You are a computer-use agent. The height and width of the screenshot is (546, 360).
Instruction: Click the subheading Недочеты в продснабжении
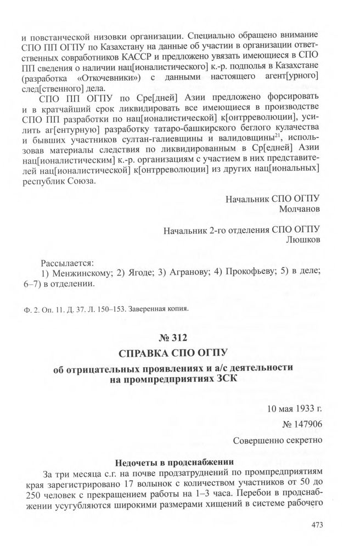click(179, 461)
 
